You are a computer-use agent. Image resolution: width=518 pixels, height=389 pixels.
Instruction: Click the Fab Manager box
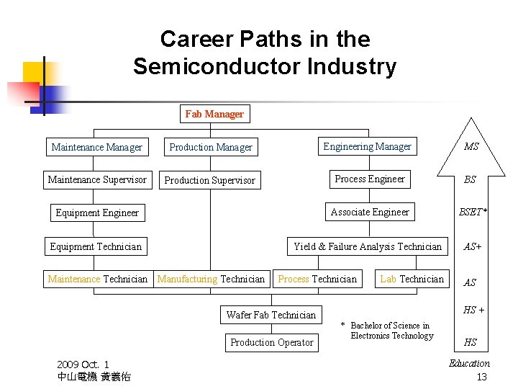point(214,114)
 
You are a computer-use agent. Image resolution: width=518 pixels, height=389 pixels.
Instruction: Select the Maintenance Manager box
point(97,147)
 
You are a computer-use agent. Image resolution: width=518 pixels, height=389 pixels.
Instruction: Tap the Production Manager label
point(211,147)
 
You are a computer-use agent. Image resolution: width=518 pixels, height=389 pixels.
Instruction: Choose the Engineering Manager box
point(367,147)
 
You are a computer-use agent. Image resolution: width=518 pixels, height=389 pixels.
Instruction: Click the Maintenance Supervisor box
point(97,179)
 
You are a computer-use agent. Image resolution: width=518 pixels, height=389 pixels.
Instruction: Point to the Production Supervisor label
point(209,180)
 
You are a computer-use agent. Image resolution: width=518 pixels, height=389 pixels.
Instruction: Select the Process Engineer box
point(370,179)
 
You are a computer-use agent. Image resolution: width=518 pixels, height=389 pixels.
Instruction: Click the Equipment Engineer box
point(97,213)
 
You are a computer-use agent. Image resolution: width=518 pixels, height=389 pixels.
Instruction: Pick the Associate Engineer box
point(370,212)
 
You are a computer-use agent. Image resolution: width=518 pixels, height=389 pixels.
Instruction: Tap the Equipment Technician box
point(96,246)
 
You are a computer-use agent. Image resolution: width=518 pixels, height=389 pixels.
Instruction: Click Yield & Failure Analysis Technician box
point(368,246)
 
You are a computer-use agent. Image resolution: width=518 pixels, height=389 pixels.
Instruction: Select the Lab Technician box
point(412,279)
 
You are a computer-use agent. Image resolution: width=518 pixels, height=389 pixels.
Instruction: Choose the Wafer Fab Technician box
point(271,315)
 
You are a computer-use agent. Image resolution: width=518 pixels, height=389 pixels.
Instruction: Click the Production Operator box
point(272,342)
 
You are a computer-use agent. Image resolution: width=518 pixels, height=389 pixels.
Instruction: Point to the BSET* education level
point(473,212)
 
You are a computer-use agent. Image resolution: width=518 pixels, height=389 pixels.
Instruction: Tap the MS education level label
point(471,147)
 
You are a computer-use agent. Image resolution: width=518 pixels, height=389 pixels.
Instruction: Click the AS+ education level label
point(473,246)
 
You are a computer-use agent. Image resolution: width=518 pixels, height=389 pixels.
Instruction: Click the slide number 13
point(482,377)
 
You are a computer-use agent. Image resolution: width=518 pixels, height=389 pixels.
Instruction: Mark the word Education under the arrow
point(469,364)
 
